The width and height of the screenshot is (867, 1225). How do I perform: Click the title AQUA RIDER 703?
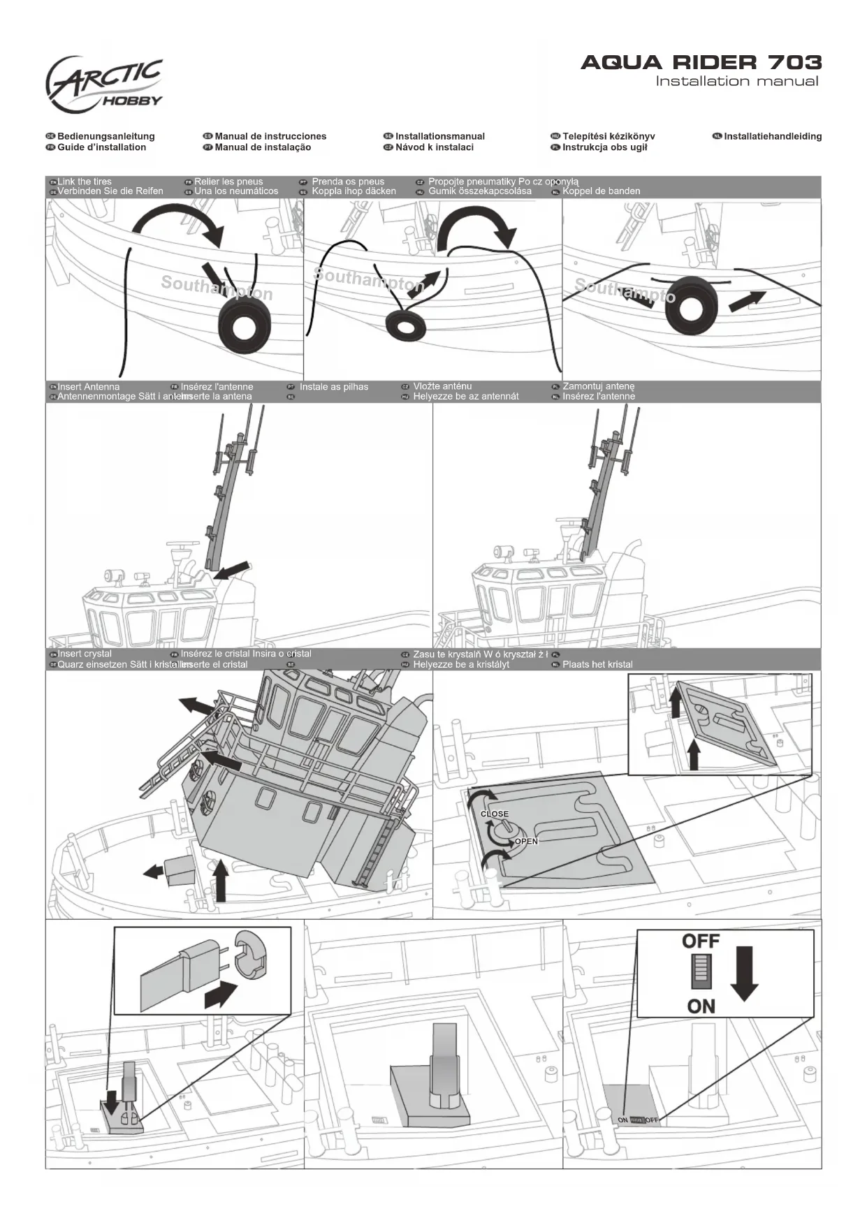tap(701, 63)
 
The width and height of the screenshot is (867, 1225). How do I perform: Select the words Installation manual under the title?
tap(736, 82)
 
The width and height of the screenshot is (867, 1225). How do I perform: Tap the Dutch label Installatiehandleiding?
tap(773, 136)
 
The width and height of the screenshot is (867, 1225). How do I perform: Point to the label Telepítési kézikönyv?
tap(609, 136)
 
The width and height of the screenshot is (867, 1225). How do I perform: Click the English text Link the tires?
tap(85, 182)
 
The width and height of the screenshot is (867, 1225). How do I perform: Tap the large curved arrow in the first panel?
tap(179, 223)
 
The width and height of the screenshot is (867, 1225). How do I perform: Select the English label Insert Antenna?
tap(89, 386)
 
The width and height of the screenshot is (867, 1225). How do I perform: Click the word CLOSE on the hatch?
tap(495, 814)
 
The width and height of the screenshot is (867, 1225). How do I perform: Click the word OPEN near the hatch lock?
tap(526, 842)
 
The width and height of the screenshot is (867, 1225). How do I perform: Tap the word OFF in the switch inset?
tap(701, 941)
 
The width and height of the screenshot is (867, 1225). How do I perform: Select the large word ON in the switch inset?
tap(701, 1006)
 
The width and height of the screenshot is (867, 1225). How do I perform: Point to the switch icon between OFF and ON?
tap(701, 973)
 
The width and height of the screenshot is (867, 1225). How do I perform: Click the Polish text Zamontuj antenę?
tap(599, 386)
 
